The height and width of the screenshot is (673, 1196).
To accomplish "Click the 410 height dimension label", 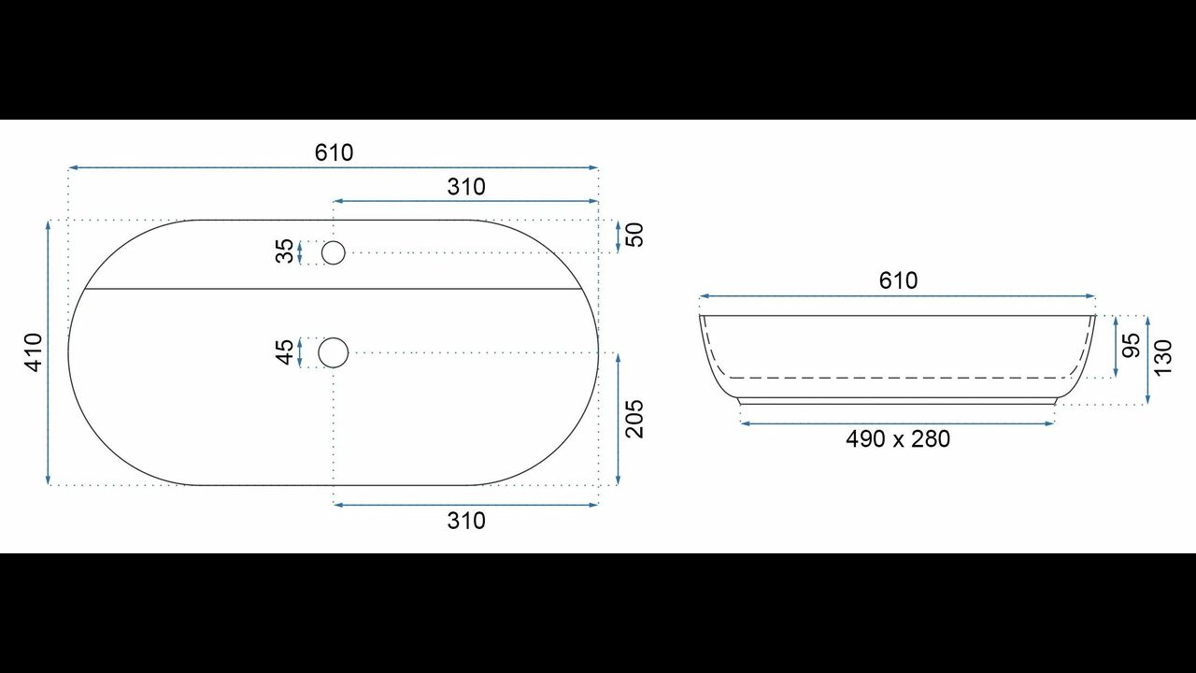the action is pyautogui.click(x=35, y=352).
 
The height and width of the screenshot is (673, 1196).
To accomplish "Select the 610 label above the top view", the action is pyautogui.click(x=334, y=152).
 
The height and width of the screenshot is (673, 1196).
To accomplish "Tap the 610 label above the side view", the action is pyautogui.click(x=898, y=281).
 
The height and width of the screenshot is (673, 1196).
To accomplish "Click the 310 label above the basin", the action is pyautogui.click(x=466, y=187).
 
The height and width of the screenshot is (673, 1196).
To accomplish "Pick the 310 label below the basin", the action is pyautogui.click(x=466, y=521).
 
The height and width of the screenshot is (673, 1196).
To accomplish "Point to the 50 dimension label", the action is pyautogui.click(x=634, y=235).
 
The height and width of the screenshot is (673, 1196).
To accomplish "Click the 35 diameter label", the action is pyautogui.click(x=285, y=251).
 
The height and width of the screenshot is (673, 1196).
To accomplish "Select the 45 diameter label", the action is pyautogui.click(x=285, y=352).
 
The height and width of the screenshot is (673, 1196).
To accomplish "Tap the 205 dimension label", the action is pyautogui.click(x=634, y=420).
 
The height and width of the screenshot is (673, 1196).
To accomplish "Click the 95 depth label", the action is pyautogui.click(x=1132, y=346).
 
